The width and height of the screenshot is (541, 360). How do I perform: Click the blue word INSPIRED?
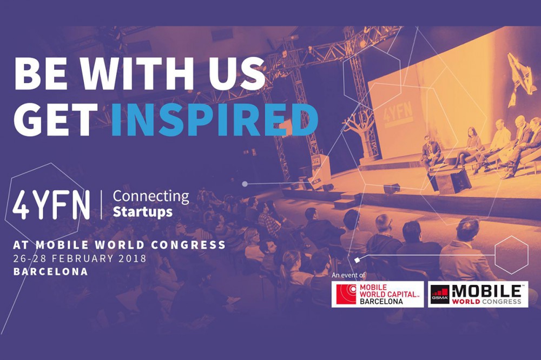tap(214, 120)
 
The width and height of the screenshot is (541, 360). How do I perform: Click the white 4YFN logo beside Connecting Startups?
tap(51, 204)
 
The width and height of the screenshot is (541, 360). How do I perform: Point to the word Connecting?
tap(151, 197)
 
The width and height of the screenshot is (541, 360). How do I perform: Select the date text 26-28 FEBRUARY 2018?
tap(80, 258)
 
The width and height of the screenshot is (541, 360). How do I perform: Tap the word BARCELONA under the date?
tap(50, 271)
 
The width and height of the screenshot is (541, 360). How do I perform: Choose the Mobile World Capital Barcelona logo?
tap(378, 294)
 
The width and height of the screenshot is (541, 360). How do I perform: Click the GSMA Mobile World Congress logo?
tap(478, 294)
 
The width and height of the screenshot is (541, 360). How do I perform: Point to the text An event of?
tap(348, 275)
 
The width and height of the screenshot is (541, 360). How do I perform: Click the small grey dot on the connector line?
tap(245, 184)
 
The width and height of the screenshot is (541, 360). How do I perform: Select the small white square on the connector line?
tap(357, 259)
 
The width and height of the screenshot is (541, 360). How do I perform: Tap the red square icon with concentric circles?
tap(346, 294)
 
